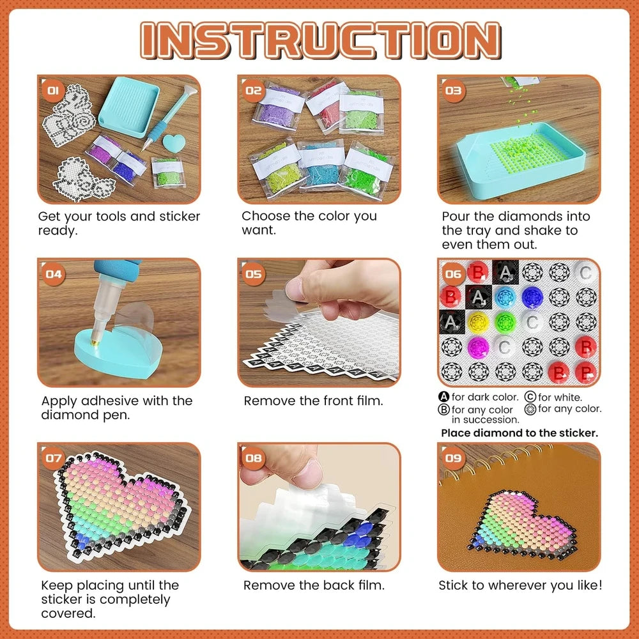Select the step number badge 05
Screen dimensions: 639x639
click(253, 273)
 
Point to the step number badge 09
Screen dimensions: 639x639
click(453, 458)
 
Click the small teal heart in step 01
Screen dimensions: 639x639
click(174, 143)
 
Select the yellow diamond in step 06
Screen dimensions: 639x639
click(477, 322)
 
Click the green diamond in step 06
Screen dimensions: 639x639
click(505, 322)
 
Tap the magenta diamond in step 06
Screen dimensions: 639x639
click(477, 348)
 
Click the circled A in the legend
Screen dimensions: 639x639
click(444, 397)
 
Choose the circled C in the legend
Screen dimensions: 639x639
click(530, 397)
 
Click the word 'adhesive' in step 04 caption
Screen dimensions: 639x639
click(110, 401)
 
